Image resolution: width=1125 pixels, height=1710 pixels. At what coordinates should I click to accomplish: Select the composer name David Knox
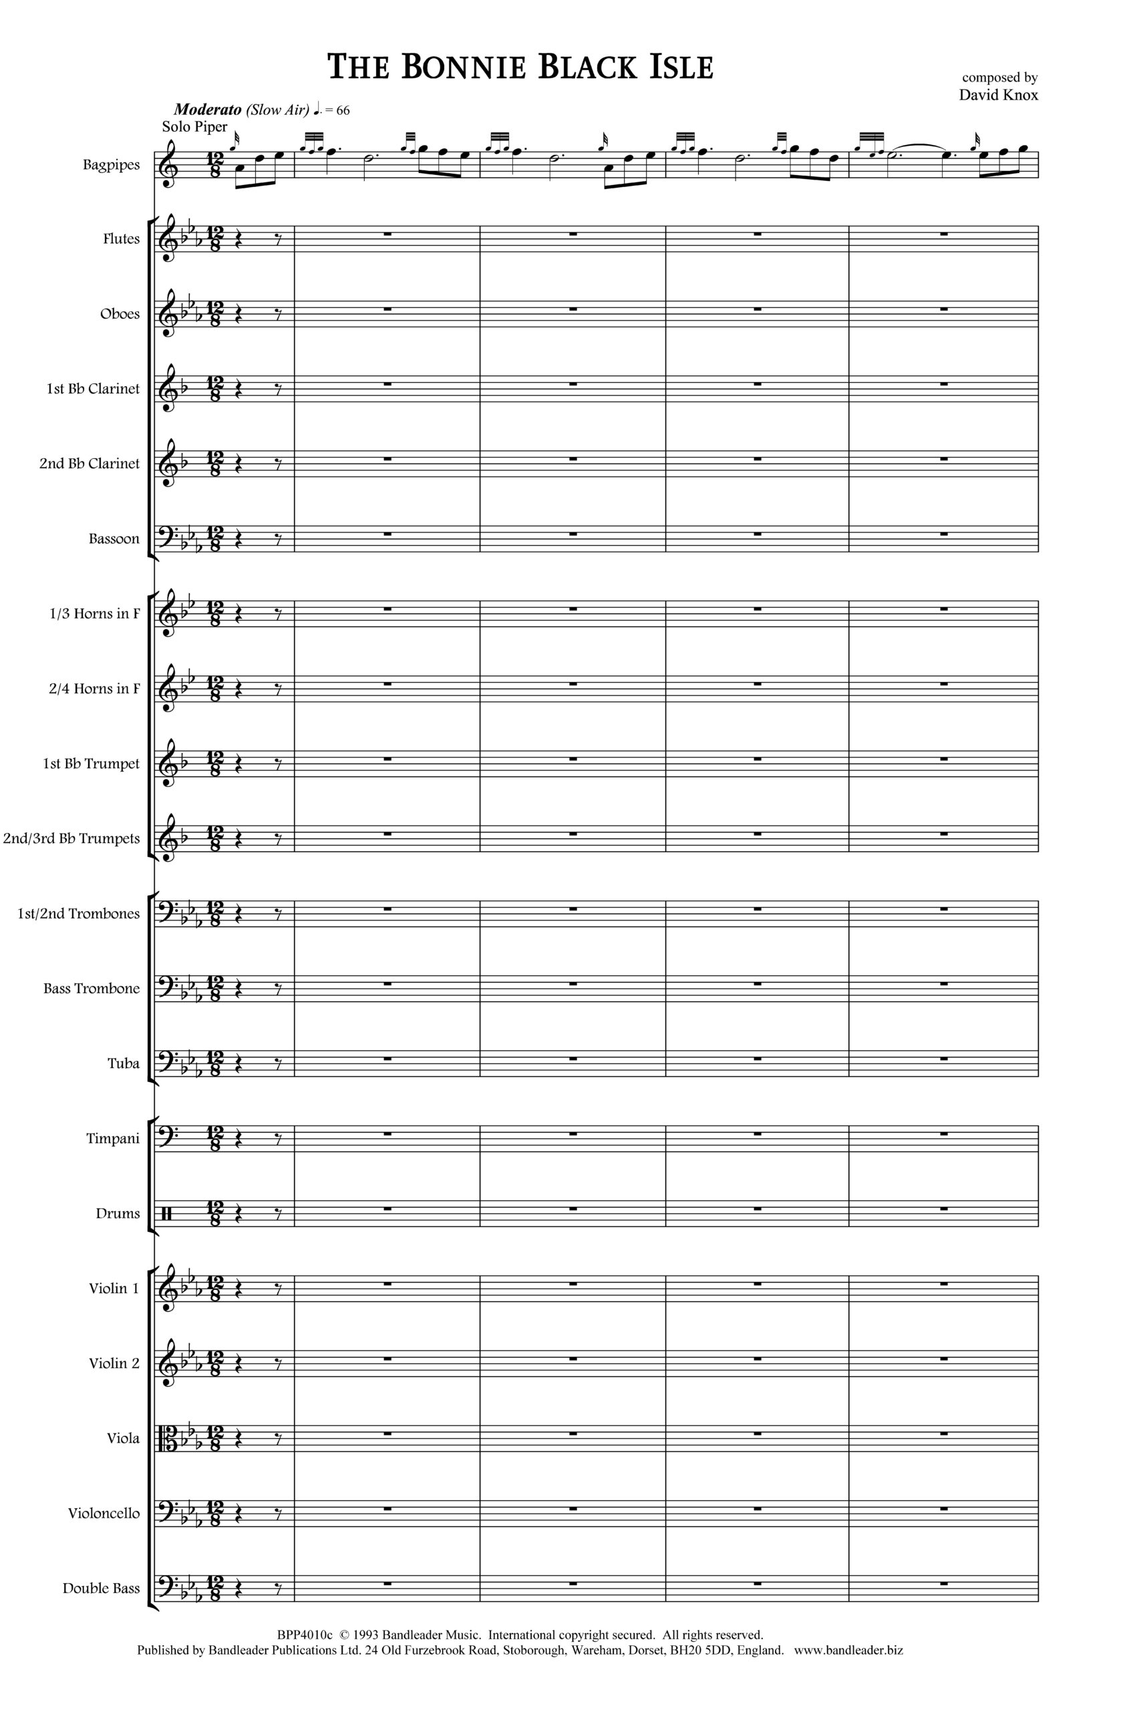point(998,95)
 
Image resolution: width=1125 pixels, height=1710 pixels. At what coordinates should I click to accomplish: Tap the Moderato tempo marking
point(208,109)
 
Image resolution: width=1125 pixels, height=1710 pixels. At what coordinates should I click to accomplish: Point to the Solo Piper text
point(194,127)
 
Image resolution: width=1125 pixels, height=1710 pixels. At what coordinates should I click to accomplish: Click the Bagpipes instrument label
point(111,164)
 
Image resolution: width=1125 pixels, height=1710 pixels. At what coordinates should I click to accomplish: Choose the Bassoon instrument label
point(114,538)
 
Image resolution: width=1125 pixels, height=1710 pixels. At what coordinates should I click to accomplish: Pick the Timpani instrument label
point(113,1138)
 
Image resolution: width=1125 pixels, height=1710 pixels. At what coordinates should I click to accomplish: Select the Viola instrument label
point(123,1438)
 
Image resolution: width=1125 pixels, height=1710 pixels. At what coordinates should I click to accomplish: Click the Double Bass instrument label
point(101,1588)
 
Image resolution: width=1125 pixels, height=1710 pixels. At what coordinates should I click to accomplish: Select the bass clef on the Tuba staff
point(170,1062)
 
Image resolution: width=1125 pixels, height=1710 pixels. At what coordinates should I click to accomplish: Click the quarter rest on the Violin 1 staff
point(241,1289)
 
